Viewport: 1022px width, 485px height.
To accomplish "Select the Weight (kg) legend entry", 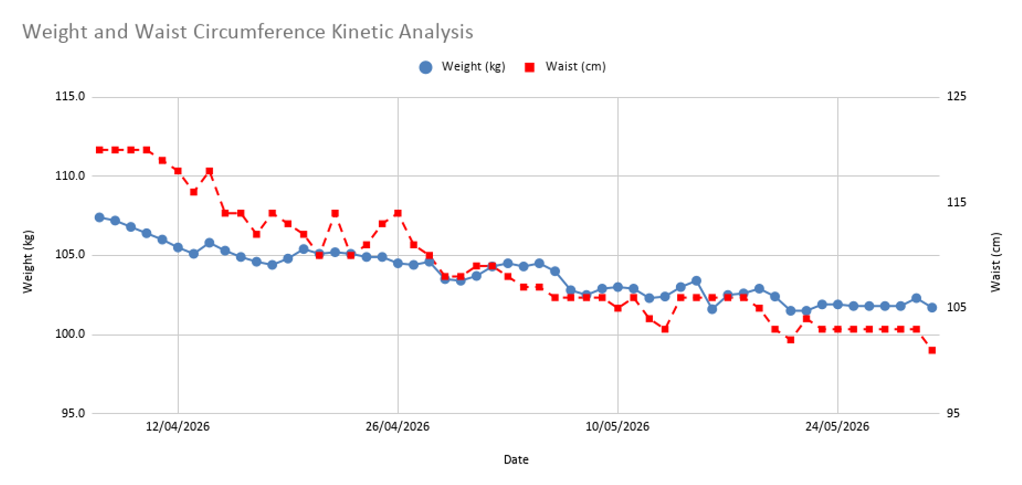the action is pos(462,67).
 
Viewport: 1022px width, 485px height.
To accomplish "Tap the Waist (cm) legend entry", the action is pos(565,67).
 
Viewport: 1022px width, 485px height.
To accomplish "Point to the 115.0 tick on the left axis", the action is pos(70,96).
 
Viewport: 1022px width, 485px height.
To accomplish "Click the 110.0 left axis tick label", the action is pos(70,176).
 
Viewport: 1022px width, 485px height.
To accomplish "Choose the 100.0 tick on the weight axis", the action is pos(70,334).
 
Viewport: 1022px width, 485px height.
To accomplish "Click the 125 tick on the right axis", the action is pos(956,96).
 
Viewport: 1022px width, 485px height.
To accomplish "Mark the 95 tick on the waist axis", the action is pos(953,413).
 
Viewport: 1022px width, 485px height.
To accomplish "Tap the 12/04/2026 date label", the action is pos(178,427).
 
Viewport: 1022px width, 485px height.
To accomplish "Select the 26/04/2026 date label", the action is pos(397,427).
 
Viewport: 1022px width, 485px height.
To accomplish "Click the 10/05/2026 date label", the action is pos(617,427).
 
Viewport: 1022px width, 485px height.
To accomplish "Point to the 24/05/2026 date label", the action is pos(837,427).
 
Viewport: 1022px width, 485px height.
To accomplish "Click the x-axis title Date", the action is pos(516,460).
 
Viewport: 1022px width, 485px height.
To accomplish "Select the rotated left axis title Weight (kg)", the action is pos(28,262).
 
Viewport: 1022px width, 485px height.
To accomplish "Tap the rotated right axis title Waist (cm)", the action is pos(995,262).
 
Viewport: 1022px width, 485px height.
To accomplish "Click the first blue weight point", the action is pos(99,217).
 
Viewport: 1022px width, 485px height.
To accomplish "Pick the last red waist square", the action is pos(932,350).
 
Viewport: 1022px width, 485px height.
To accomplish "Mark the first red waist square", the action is pos(99,150).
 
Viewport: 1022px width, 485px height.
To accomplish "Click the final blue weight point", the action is pos(932,308).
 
